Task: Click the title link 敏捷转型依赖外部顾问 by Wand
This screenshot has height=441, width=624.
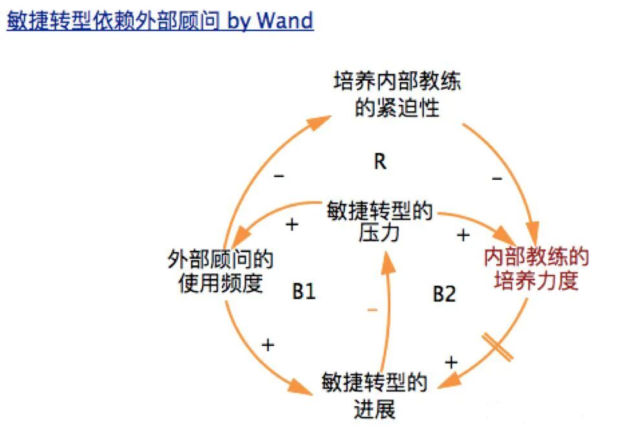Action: coord(160,21)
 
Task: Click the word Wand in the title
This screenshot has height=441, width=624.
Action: coord(285,21)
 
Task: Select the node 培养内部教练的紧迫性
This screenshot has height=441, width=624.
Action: coord(397,95)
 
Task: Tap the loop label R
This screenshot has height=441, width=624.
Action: coord(380,162)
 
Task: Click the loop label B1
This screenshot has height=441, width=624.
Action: coord(304,292)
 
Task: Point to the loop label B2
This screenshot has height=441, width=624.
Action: coord(444,295)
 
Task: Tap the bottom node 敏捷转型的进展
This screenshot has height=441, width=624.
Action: coord(375,396)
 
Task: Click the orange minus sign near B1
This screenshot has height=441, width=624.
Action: coord(372,310)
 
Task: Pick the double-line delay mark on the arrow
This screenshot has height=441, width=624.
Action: coord(497,347)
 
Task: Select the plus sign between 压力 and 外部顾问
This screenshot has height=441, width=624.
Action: coord(292,224)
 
